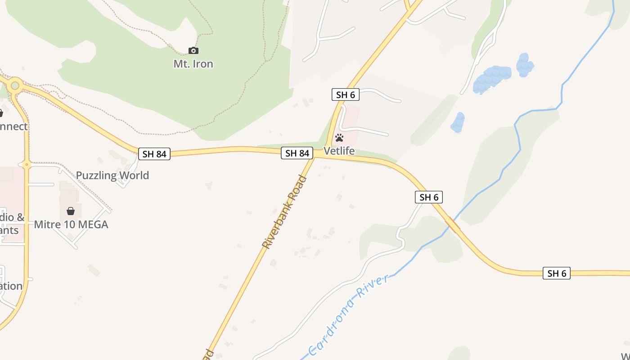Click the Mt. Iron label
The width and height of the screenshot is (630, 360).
(193, 64)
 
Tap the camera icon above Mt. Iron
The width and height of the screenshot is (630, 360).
(193, 50)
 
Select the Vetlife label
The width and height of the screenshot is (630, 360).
(339, 151)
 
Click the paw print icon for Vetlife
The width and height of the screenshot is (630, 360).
(339, 138)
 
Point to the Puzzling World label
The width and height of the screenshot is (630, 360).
(112, 175)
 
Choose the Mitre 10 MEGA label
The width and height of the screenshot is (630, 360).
(71, 224)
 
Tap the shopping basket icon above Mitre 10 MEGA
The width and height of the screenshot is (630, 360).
(71, 211)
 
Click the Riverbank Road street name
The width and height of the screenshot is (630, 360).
(284, 212)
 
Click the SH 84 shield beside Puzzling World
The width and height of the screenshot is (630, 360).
(154, 154)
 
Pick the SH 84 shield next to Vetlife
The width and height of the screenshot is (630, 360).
(297, 153)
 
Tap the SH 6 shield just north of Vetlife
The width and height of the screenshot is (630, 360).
(346, 94)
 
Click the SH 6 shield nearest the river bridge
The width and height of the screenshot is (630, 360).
(429, 197)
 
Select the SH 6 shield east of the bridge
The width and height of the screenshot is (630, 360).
(557, 273)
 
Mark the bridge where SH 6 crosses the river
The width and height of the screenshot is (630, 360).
(452, 225)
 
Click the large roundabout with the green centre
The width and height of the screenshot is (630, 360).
(15, 84)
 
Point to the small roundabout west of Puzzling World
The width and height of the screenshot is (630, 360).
(27, 165)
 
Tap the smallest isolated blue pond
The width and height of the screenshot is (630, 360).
(458, 122)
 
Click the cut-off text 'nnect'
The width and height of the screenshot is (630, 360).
(13, 126)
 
